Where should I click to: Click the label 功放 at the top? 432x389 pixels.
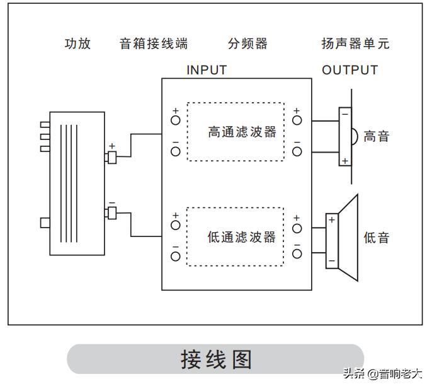click(77, 44)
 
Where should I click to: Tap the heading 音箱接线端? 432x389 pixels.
click(154, 44)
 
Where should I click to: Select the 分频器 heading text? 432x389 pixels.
click(247, 44)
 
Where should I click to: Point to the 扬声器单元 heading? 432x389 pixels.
click(355, 44)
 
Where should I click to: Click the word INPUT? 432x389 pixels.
click(207, 70)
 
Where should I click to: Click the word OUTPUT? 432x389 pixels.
click(350, 70)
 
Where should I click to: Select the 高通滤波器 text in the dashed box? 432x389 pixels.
click(242, 132)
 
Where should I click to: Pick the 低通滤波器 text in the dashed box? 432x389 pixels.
click(242, 237)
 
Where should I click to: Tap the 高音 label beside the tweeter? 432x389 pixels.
click(377, 136)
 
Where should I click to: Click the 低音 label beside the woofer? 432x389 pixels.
click(377, 238)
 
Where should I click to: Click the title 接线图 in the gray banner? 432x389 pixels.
click(216, 359)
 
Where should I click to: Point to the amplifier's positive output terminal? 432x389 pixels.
click(112, 156)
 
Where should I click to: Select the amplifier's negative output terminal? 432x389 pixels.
click(112, 213)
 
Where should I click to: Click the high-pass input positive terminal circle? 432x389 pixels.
click(176, 120)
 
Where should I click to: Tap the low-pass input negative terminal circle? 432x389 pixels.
click(176, 255)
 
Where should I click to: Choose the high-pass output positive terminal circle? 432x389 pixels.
click(297, 120)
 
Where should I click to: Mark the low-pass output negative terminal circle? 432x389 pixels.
click(297, 253)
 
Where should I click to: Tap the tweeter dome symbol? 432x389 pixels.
click(354, 136)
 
